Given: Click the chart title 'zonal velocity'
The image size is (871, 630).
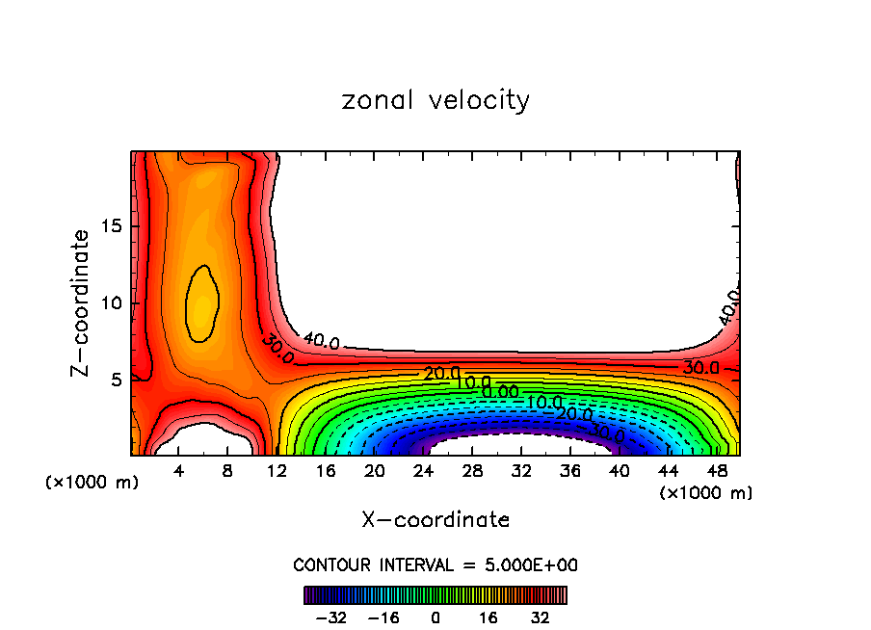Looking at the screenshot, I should click(435, 100).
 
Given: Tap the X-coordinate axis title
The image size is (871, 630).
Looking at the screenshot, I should click(435, 520).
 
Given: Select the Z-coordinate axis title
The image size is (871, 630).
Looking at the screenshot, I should click(83, 302).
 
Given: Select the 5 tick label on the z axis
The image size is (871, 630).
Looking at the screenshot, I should click(116, 379).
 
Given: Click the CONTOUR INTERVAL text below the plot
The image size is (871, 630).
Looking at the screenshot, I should click(435, 565).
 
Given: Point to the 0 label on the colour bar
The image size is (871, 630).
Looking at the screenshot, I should click(435, 616).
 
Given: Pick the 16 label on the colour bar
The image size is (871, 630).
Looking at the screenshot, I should click(488, 616).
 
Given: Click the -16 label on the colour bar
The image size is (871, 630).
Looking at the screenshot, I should click(383, 616).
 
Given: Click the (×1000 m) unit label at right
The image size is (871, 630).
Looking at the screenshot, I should click(706, 493).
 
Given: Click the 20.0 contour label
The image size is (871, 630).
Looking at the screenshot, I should click(441, 374).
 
